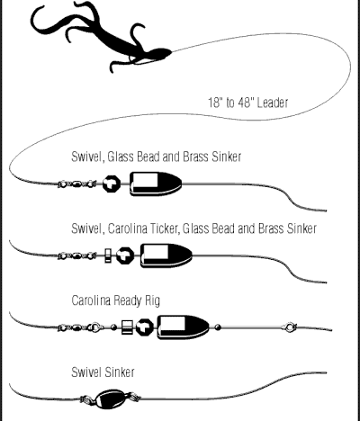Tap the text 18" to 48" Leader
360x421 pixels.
click(x=248, y=103)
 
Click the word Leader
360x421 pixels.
click(x=273, y=103)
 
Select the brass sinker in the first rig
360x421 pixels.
click(x=156, y=184)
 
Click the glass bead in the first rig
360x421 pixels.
click(x=112, y=184)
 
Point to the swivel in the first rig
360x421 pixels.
click(x=77, y=184)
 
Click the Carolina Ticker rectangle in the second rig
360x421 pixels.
click(x=108, y=255)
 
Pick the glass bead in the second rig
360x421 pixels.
click(x=125, y=255)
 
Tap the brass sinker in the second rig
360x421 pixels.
click(x=166, y=255)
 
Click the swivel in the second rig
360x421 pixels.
click(x=77, y=255)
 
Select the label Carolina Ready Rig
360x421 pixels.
click(x=116, y=300)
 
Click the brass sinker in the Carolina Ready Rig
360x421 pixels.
click(x=184, y=327)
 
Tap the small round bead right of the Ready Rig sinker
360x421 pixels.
click(x=218, y=327)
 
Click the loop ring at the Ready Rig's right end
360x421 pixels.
click(x=290, y=327)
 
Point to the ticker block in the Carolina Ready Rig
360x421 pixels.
click(x=127, y=327)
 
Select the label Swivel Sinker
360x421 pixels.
click(x=103, y=372)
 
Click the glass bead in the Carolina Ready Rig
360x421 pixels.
click(x=145, y=327)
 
